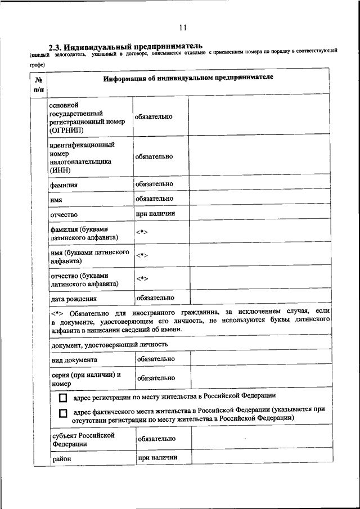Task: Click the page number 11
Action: (x=182, y=27)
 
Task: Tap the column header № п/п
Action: (x=38, y=84)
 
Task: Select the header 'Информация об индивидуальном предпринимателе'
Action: (x=188, y=78)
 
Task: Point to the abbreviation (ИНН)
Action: (x=60, y=169)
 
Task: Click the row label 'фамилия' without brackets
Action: (x=63, y=184)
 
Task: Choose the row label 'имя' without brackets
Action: (x=56, y=200)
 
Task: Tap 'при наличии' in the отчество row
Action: (x=155, y=214)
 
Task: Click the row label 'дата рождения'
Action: (x=73, y=299)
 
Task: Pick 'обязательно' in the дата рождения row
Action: (x=155, y=298)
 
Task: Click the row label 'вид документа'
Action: (x=74, y=359)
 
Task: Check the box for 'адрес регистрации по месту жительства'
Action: (x=62, y=397)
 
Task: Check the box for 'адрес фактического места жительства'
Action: (x=62, y=414)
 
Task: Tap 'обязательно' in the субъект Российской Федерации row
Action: (x=156, y=439)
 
